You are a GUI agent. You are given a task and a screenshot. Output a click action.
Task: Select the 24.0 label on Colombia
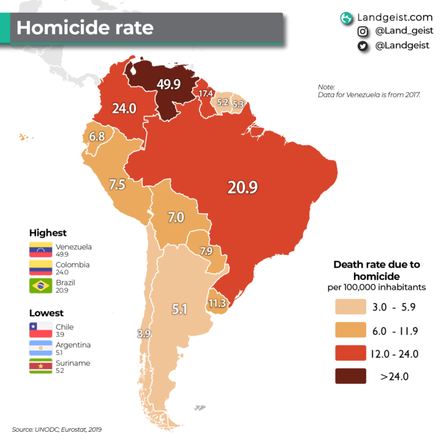[124, 108]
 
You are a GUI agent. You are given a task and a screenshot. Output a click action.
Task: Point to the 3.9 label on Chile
[144, 333]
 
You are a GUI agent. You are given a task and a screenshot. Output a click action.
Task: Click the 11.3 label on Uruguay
[217, 303]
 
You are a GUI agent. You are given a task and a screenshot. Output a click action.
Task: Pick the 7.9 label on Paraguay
[206, 251]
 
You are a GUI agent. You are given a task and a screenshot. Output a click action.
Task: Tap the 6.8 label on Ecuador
[97, 137]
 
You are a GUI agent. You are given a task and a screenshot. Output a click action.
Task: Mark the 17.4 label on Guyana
[206, 94]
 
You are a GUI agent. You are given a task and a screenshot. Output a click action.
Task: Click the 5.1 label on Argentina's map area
[179, 309]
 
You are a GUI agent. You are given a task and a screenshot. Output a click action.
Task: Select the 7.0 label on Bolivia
[176, 217]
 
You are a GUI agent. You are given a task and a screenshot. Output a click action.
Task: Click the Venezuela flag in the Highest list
[41, 250]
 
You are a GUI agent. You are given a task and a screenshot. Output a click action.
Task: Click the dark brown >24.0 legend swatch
[350, 376]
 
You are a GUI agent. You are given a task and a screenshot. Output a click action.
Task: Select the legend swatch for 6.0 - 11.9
[350, 330]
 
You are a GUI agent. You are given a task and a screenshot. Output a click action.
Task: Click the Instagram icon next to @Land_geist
[362, 32]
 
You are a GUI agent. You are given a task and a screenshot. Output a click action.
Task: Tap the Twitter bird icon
[362, 46]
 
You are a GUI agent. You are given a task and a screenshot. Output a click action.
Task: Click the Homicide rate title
[85, 28]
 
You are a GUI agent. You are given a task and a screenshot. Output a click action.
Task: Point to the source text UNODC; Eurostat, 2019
[61, 429]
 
